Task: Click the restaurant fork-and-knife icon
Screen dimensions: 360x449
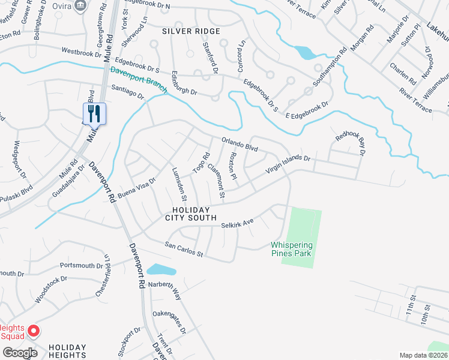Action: pos(94,113)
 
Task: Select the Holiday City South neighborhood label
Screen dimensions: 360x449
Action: pos(193,213)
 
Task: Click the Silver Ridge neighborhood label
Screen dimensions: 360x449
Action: pos(191,31)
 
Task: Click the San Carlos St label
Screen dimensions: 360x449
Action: pos(185,250)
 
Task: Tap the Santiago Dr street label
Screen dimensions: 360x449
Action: pos(128,91)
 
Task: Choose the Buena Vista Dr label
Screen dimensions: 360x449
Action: pos(136,184)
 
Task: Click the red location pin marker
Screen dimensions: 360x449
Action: pos(34,331)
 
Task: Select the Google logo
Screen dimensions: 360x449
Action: pos(19,352)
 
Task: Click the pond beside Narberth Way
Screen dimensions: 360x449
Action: pos(161,269)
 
